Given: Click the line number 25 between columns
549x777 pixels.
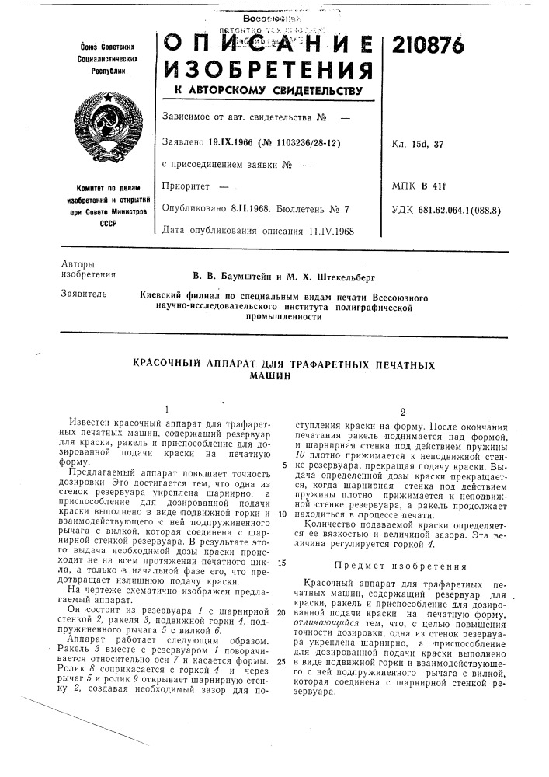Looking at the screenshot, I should pos(281,661).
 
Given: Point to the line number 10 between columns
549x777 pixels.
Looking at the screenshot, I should pos(281,514).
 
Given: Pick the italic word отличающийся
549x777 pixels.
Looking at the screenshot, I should pos(318,625).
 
